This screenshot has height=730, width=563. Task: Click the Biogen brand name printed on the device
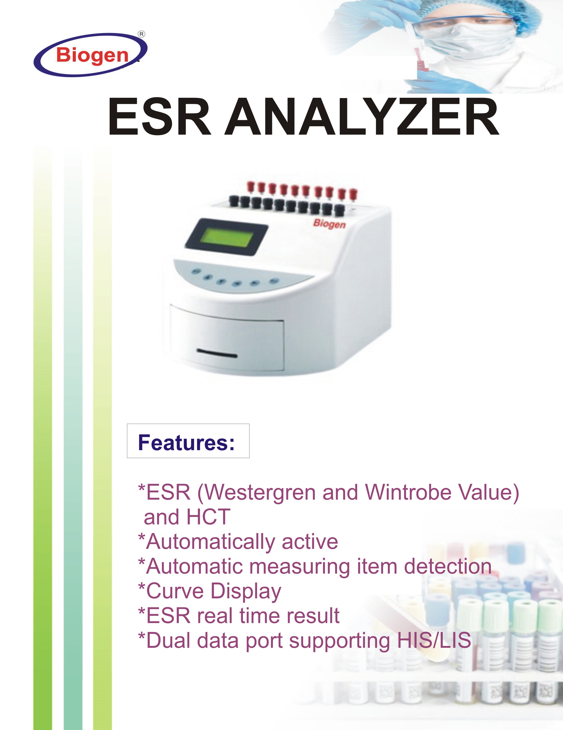coord(329,224)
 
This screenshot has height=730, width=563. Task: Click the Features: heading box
coord(188,441)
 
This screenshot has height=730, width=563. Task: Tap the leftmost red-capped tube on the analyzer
coord(251,188)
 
